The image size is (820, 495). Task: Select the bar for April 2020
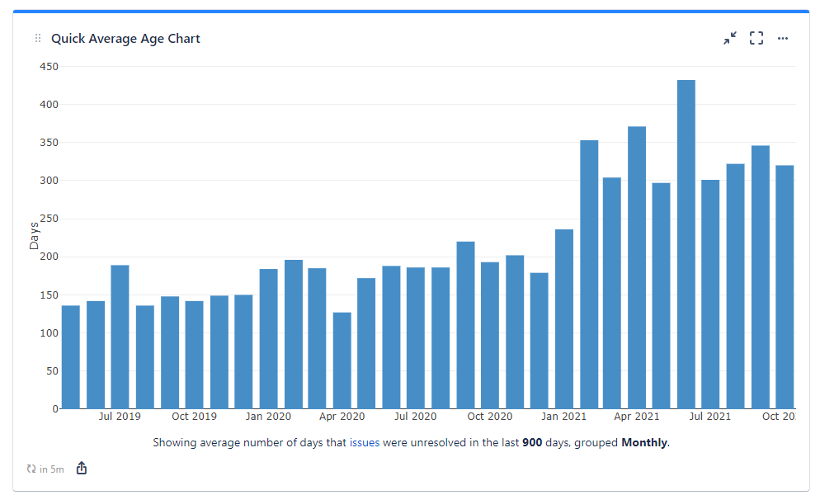click(x=342, y=361)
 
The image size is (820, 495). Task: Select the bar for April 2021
click(x=637, y=267)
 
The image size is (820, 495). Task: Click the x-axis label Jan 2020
click(x=268, y=417)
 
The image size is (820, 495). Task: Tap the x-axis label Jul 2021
click(x=710, y=417)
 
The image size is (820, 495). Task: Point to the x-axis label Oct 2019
click(x=194, y=417)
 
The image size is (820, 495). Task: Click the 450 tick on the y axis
click(x=49, y=67)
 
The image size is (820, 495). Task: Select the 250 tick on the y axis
click(x=49, y=219)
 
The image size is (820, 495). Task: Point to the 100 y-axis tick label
click(x=49, y=333)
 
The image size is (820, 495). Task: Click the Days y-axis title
click(x=34, y=236)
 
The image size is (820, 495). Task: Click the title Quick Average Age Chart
click(x=125, y=39)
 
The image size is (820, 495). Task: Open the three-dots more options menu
click(x=783, y=39)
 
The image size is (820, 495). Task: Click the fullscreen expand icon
click(x=756, y=39)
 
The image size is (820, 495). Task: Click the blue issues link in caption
click(x=365, y=443)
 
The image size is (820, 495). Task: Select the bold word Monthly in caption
click(x=645, y=443)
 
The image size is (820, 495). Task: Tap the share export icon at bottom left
click(x=82, y=469)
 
